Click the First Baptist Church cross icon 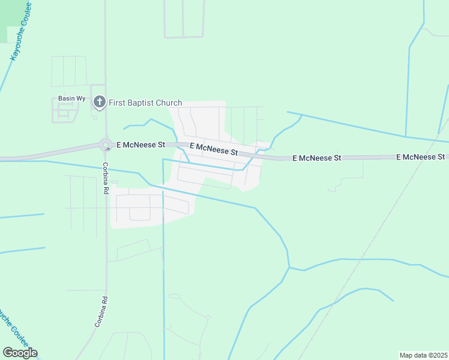pos(100,103)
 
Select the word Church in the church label pos(169,103)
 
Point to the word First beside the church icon pos(117,103)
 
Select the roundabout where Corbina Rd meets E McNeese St pos(106,145)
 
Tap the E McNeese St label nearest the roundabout pos(140,145)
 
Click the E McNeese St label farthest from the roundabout pos(420,157)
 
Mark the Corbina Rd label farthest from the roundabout pos(101,311)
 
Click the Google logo pos(20,353)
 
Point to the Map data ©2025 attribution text pos(423,355)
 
